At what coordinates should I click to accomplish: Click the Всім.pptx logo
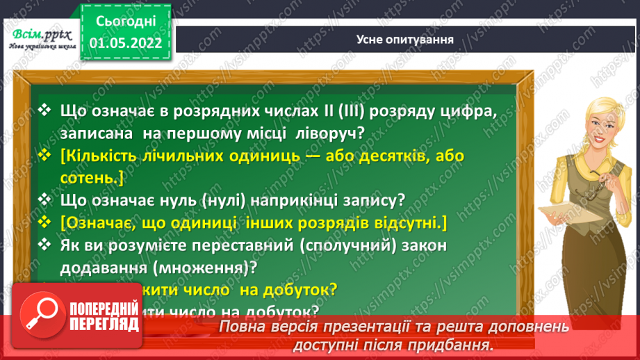(x=38, y=38)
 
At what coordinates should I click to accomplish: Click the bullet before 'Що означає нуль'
(x=47, y=201)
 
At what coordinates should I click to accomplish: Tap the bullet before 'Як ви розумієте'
(x=47, y=245)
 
